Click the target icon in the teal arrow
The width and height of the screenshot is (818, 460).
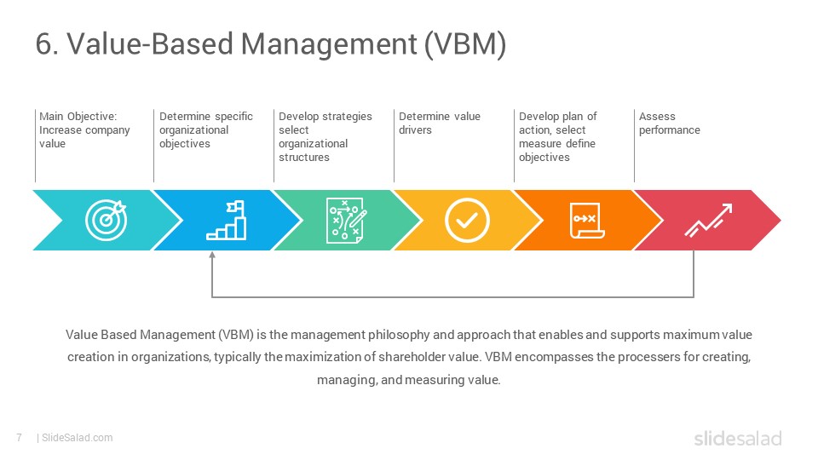pos(107,220)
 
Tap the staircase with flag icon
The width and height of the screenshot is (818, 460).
pos(227,220)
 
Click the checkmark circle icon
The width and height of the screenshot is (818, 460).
pos(467,220)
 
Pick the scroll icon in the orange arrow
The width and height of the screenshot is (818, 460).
pos(587,220)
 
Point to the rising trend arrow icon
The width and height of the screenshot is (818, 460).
pos(708,220)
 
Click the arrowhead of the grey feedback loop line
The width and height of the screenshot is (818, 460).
pos(212,255)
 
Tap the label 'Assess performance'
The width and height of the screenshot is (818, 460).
pos(670,123)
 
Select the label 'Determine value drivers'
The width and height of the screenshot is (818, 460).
pos(440,123)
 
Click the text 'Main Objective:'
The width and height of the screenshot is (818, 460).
pos(78,117)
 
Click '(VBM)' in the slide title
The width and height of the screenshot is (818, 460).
pos(465,43)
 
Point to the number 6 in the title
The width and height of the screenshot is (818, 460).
pos(43,43)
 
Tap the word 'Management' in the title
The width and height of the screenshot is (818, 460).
pos(329,43)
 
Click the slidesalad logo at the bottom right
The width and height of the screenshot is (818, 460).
pos(738,438)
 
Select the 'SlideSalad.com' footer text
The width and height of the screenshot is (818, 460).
pos(78,438)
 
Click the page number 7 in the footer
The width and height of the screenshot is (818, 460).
pos(20,438)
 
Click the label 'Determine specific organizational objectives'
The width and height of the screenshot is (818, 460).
pos(206,129)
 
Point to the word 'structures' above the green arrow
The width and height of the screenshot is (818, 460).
pos(304,157)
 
